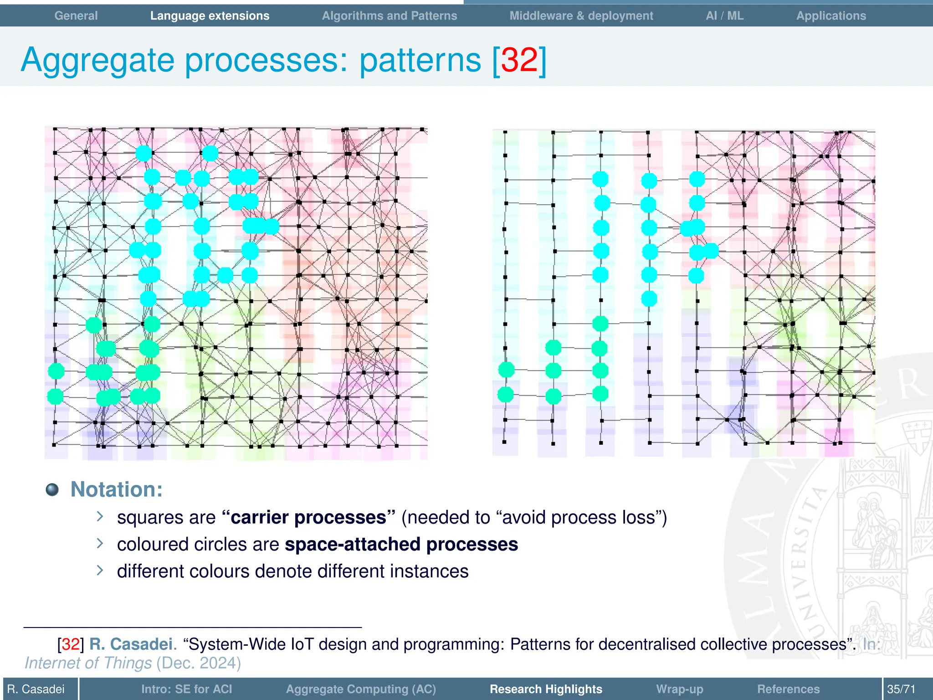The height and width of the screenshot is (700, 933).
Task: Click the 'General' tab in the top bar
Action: click(76, 15)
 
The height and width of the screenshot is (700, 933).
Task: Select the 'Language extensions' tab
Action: click(210, 15)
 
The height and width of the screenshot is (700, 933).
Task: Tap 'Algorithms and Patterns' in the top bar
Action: click(389, 15)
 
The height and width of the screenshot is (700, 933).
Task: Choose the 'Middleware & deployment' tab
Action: click(581, 15)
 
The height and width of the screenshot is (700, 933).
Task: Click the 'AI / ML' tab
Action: click(724, 15)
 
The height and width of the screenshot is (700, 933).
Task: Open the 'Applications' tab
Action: click(831, 15)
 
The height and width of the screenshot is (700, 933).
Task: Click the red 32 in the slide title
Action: click(519, 60)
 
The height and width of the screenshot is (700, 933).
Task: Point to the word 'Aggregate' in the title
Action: click(97, 61)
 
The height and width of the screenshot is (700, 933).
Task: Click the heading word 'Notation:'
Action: click(117, 489)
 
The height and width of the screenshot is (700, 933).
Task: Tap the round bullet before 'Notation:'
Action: click(52, 489)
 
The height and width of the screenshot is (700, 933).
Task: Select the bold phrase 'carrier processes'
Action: click(308, 518)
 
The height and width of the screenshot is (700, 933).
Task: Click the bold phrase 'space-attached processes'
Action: click(401, 544)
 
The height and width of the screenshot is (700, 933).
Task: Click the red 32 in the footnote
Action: click(71, 644)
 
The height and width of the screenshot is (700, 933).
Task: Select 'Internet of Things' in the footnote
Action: click(88, 663)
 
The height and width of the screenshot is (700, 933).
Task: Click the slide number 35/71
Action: click(901, 689)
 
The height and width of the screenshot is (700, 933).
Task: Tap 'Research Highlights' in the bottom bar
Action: click(546, 689)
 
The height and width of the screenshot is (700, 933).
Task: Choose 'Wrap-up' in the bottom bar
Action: click(679, 689)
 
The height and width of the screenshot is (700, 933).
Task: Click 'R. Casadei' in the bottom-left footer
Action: click(36, 689)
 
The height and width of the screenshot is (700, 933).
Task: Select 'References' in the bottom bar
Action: click(788, 689)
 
